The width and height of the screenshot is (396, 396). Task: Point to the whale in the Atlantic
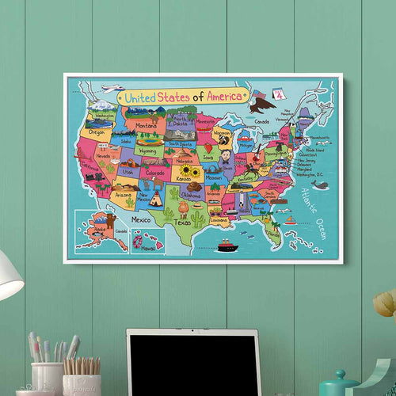(x=318, y=185)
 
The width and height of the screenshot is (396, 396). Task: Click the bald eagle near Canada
(x=261, y=101)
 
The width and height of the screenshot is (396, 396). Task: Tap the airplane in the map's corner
(x=112, y=88)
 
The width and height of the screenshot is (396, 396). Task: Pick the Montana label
(x=146, y=125)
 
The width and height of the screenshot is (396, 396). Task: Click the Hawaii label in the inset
(x=147, y=246)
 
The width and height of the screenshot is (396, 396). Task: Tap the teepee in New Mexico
(x=156, y=200)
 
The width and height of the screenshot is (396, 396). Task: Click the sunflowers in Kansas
(x=190, y=171)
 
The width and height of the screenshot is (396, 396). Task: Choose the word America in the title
(x=228, y=95)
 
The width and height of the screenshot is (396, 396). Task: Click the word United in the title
(x=141, y=97)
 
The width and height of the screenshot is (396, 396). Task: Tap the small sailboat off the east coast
(x=290, y=219)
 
